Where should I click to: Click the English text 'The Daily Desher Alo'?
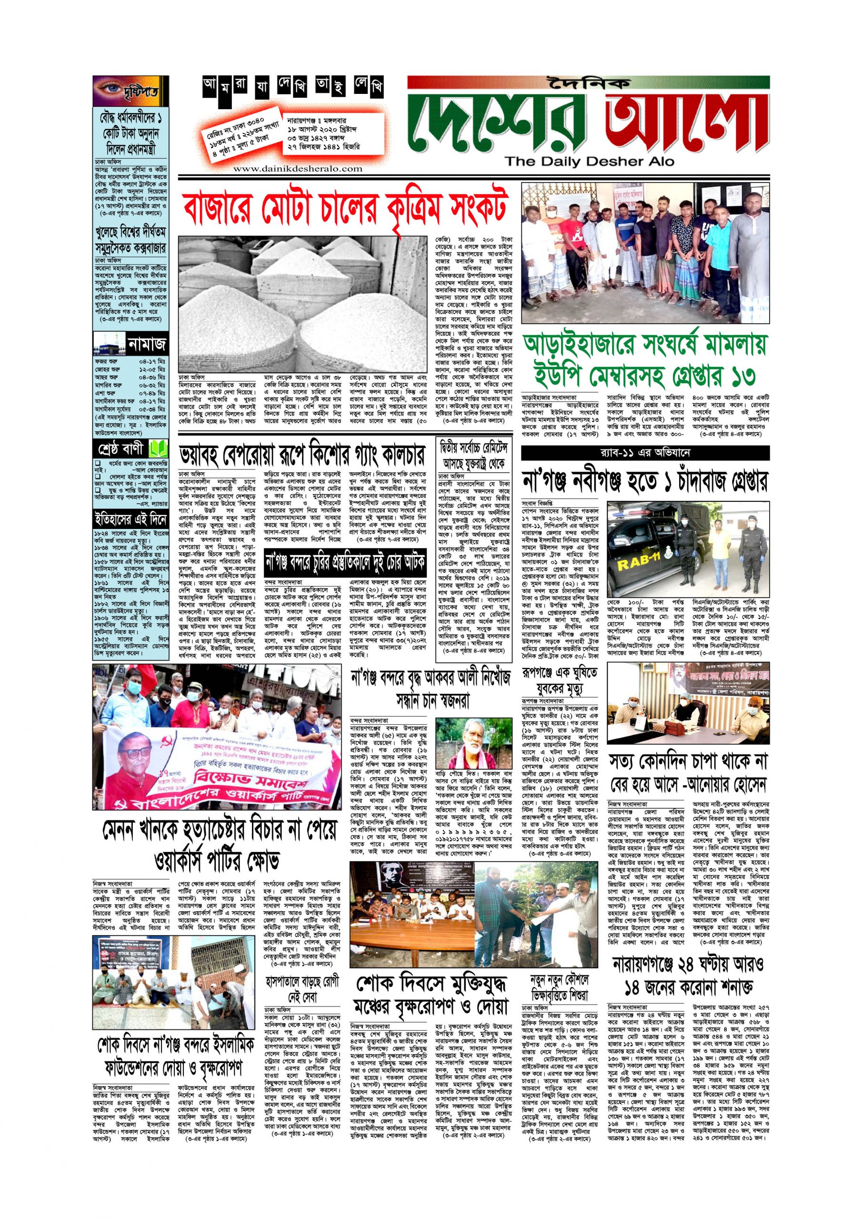coord(589,161)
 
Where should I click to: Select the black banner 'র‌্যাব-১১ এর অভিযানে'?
coord(645,453)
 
